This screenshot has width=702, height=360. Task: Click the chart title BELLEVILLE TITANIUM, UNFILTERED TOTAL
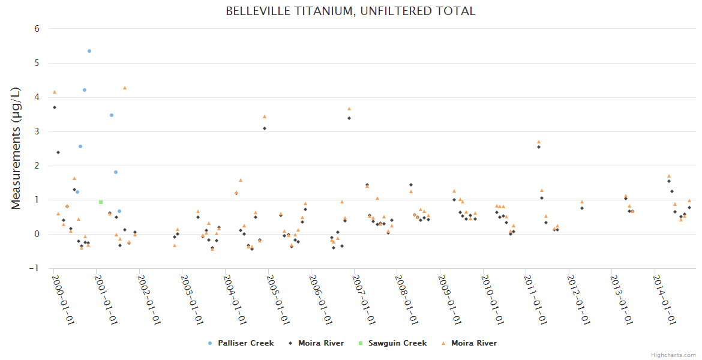tap(350, 11)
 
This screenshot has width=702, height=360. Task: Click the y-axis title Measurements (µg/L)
tap(16, 148)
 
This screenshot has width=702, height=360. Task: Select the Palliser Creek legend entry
tap(245, 343)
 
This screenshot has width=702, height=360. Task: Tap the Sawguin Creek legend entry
tap(397, 343)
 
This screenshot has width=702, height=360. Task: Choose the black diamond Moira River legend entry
tap(321, 343)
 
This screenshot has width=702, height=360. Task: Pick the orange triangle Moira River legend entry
tap(473, 343)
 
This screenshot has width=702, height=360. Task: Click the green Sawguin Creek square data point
tap(101, 202)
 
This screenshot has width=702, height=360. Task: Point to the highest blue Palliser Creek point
tap(89, 51)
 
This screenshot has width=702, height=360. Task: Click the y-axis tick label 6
tap(37, 28)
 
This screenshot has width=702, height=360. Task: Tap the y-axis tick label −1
tap(35, 268)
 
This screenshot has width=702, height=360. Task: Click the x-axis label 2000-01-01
tap(62, 300)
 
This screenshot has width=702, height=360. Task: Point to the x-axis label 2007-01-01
tap(364, 300)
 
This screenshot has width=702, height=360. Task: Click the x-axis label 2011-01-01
tap(536, 300)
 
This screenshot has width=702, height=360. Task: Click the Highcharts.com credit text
tap(673, 355)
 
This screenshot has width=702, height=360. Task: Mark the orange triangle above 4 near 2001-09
tap(125, 88)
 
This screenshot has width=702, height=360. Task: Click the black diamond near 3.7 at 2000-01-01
tap(55, 107)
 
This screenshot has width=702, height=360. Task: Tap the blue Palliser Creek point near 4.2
tap(85, 90)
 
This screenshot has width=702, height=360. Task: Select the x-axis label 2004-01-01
tap(235, 300)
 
